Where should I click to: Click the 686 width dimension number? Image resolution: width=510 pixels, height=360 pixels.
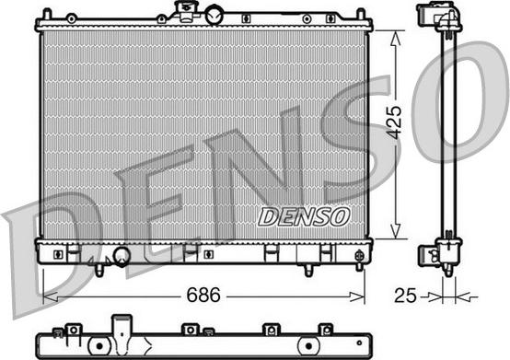point(203,295)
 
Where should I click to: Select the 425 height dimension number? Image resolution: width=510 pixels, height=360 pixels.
point(394,122)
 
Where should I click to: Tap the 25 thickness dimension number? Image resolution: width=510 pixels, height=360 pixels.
point(405,296)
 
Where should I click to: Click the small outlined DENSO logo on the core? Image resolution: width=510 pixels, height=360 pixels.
point(304,217)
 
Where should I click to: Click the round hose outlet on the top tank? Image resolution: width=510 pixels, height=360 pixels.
point(214,16)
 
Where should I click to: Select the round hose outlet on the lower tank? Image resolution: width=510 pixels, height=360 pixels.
point(122,256)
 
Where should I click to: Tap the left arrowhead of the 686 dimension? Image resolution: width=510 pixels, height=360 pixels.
point(51,296)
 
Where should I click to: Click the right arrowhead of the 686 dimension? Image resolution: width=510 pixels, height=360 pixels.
point(357,296)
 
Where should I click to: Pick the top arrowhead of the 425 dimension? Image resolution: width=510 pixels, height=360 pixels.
point(395,38)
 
